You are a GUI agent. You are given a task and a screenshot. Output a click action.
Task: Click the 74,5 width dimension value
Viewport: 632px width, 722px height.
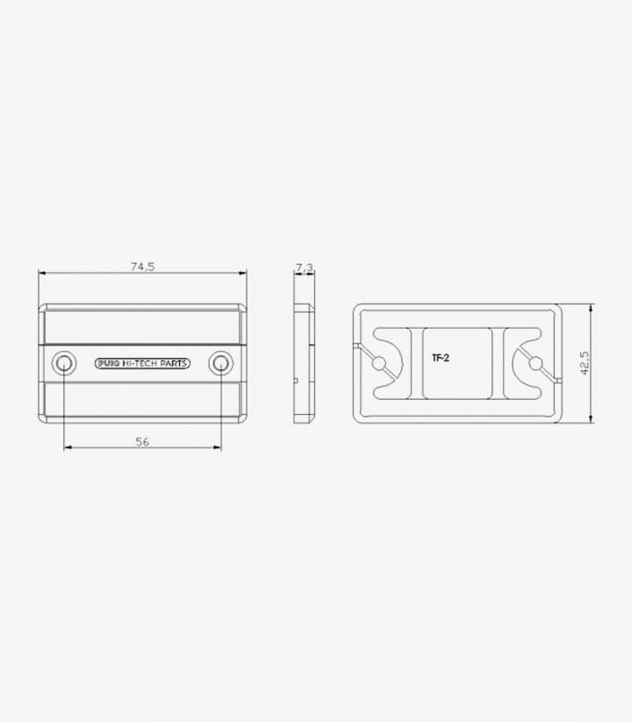pos(143,266)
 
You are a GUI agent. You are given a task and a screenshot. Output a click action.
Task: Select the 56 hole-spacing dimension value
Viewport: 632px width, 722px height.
pos(142,441)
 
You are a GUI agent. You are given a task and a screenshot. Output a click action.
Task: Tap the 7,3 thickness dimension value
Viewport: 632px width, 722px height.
pos(305,267)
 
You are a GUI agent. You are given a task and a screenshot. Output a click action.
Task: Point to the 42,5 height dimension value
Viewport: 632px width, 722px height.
pos(584,363)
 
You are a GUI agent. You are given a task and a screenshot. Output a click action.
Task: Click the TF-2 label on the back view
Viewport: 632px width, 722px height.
pos(441,357)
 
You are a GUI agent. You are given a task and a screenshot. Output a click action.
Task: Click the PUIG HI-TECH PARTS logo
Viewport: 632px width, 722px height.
pos(142,363)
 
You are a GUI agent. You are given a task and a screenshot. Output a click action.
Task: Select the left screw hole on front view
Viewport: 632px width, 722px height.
pos(63,363)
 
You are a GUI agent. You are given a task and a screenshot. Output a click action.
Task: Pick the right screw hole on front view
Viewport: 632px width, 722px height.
pos(221,363)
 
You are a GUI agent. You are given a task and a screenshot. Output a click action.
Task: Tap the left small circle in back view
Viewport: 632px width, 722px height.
pos(378,364)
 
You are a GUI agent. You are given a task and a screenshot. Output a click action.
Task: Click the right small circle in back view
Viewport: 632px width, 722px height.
pos(535,364)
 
